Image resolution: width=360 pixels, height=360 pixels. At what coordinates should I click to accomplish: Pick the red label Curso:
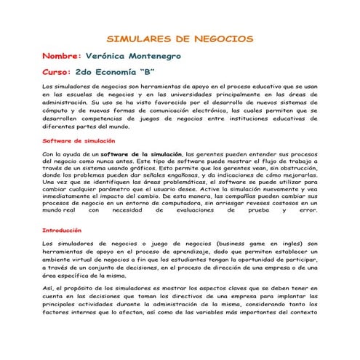click(57, 73)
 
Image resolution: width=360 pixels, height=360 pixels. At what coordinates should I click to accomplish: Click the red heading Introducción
click(62, 229)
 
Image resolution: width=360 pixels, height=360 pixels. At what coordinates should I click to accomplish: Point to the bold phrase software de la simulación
click(142, 154)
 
